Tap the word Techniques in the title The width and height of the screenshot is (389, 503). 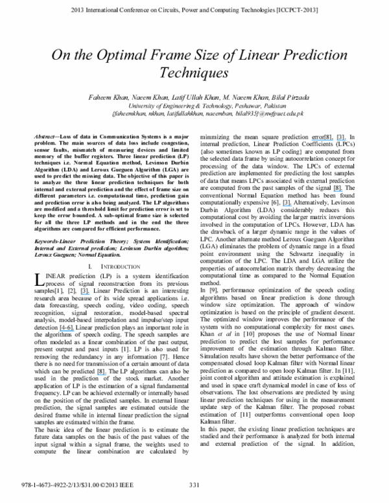tap(194, 74)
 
